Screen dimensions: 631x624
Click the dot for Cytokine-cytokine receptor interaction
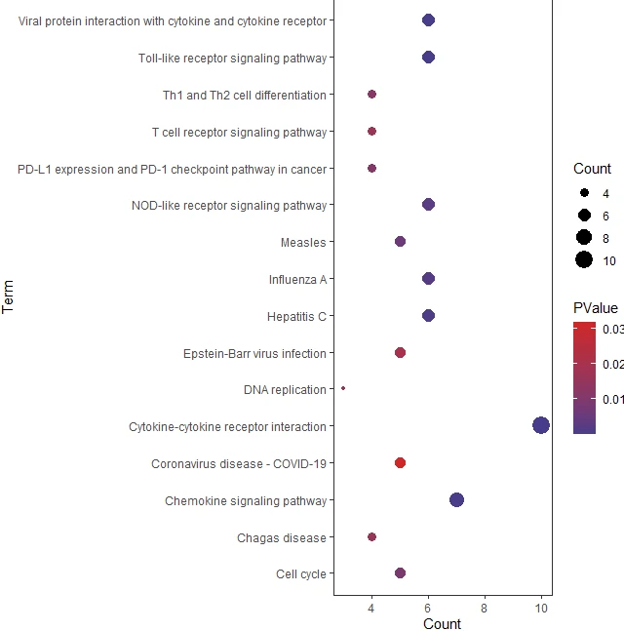(x=541, y=425)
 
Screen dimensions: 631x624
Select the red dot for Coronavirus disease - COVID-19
(x=400, y=462)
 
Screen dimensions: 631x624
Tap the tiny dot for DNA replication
(x=343, y=388)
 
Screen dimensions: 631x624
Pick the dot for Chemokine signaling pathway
(x=456, y=499)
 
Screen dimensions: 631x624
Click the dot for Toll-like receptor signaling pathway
(x=428, y=58)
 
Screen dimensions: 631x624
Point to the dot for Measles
(x=400, y=241)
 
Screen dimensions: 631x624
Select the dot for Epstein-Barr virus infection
(x=400, y=352)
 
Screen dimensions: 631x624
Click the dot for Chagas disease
(x=371, y=536)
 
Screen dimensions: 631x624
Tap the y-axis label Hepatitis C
(x=296, y=316)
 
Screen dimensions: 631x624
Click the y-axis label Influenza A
(x=297, y=279)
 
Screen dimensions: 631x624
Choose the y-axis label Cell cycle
(x=301, y=573)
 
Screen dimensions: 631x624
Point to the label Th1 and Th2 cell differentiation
(x=245, y=95)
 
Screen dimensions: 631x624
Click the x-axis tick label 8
(x=485, y=609)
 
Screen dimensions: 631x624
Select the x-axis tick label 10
(x=542, y=609)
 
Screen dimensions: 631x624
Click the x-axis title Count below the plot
(x=442, y=624)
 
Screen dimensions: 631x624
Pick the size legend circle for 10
(x=584, y=259)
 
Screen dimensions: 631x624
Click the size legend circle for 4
(x=584, y=192)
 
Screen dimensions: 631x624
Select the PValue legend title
(x=595, y=308)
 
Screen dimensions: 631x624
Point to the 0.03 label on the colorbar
(x=613, y=330)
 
